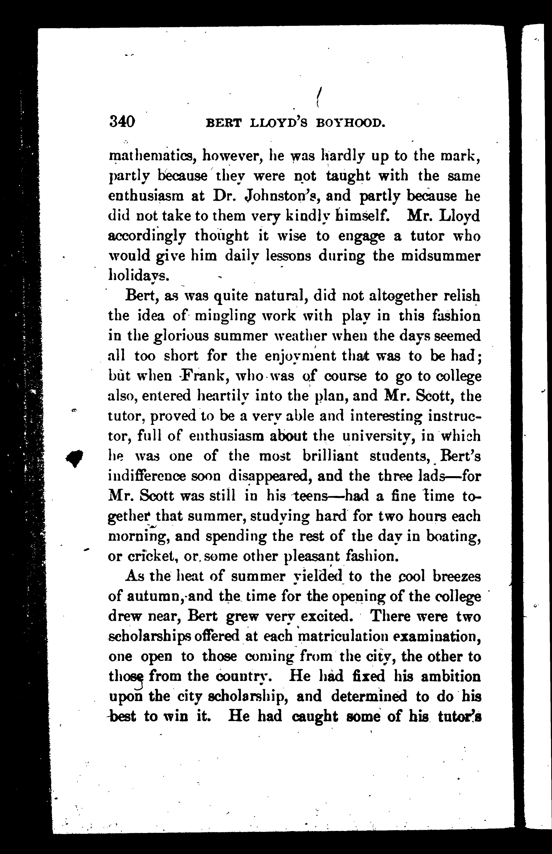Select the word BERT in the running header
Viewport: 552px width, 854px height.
[223, 123]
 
